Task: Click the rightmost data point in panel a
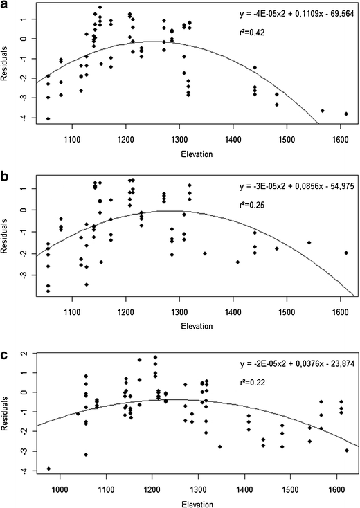(x=345, y=114)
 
